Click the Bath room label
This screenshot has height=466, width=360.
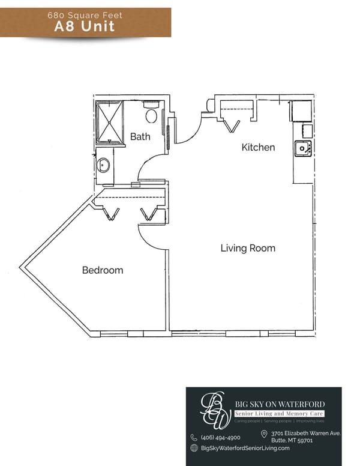coord(140,137)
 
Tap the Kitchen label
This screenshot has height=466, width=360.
coord(258,147)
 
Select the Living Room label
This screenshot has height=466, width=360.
coord(248,248)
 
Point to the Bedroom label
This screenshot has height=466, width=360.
coord(103,270)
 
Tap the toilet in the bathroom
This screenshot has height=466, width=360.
coord(151,115)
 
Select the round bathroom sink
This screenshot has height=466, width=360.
coord(104,165)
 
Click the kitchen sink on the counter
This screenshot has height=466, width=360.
coord(301,148)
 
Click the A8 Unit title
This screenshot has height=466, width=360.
coord(85,26)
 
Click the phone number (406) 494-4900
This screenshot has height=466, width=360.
coord(220,438)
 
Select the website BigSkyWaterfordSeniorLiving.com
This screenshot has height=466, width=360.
coord(245,448)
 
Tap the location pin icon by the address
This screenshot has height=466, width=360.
coord(264,434)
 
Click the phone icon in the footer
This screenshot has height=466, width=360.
coord(194,438)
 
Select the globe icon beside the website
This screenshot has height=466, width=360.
coord(194,448)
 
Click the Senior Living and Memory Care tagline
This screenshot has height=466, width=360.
coord(279,414)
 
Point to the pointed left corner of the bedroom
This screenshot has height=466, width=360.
coord(22,266)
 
